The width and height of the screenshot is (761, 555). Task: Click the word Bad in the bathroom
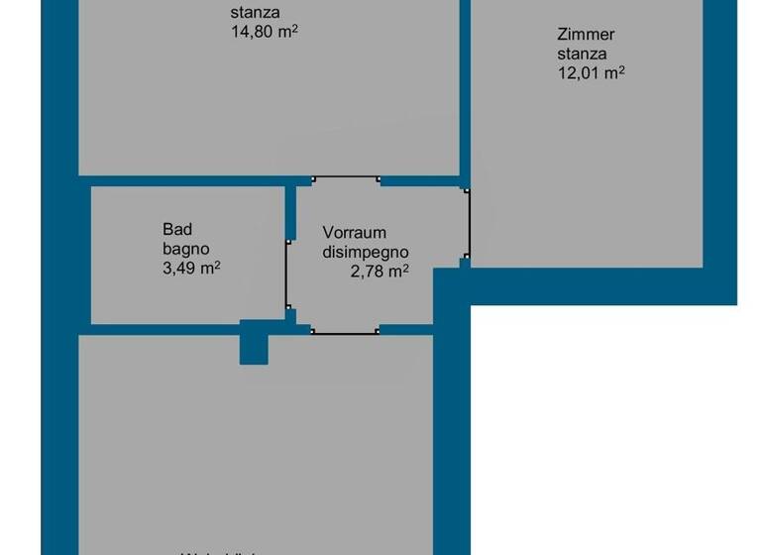pyautogui.click(x=175, y=230)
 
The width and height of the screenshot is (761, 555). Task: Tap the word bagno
pyautogui.click(x=185, y=249)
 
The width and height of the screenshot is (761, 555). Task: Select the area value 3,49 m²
pyautogui.click(x=191, y=268)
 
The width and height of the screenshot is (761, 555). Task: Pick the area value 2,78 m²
pyautogui.click(x=380, y=271)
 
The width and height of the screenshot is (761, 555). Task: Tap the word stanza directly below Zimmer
pyautogui.click(x=582, y=54)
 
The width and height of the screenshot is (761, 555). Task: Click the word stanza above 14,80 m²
pyautogui.click(x=255, y=13)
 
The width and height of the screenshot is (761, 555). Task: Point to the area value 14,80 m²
pyautogui.click(x=265, y=31)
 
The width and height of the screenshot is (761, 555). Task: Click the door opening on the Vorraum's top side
pyautogui.click(x=346, y=180)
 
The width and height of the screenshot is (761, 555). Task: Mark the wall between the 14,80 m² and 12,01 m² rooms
pyautogui.click(x=464, y=89)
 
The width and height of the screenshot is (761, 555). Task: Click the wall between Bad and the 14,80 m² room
pyautogui.click(x=183, y=181)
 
